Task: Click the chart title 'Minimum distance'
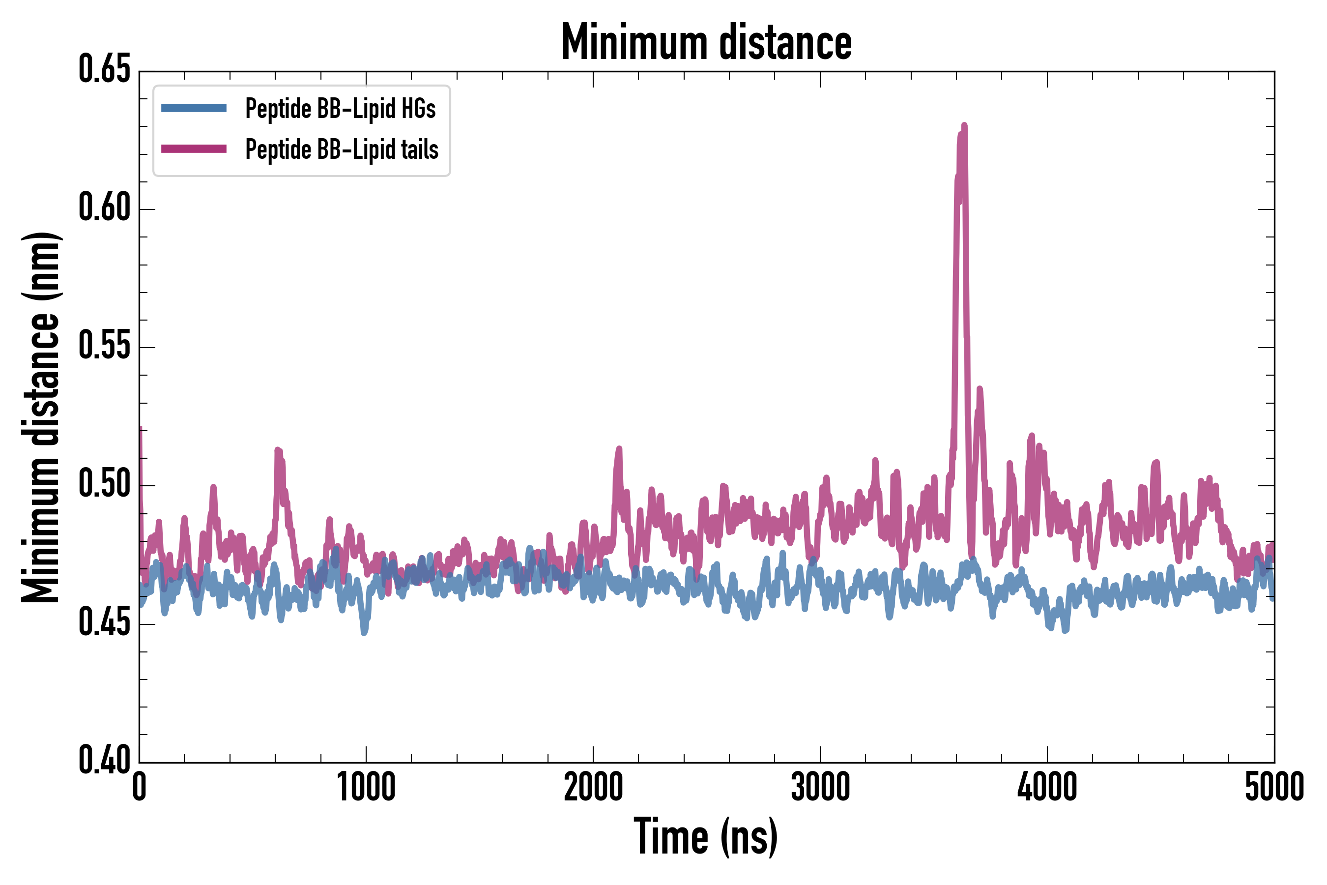click(706, 42)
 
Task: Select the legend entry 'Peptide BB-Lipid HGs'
click(340, 108)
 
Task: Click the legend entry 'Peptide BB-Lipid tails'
click(342, 149)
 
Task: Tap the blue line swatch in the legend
click(194, 108)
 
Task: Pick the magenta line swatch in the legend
click(194, 149)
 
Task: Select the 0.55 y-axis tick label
click(104, 346)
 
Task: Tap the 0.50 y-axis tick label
click(104, 484)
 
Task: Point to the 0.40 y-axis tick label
click(104, 760)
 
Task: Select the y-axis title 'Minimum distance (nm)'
click(41, 417)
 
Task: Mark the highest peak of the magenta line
click(964, 125)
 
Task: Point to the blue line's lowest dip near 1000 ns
click(365, 632)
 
